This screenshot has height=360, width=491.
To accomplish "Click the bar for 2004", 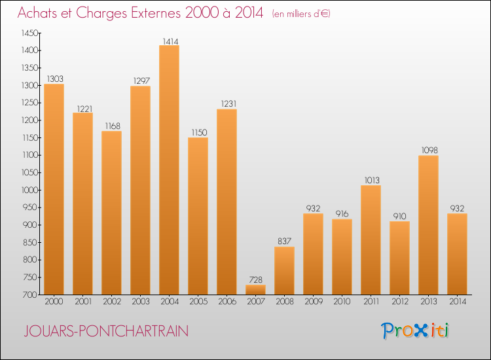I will (169, 170).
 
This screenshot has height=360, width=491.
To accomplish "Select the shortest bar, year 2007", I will (255, 289).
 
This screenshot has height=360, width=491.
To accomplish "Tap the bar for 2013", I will (428, 225).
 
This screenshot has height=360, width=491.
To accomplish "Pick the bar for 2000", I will (54, 189).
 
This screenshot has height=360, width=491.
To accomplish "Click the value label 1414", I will (169, 41).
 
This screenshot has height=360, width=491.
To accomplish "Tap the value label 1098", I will (428, 151).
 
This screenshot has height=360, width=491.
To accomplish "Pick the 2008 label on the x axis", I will (284, 302).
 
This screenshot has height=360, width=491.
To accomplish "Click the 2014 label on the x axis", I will (457, 302).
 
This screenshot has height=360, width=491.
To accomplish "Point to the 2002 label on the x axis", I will (111, 302).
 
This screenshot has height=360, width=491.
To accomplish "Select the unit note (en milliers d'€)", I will (300, 13).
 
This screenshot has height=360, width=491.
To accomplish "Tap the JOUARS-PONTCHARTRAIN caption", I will (105, 331).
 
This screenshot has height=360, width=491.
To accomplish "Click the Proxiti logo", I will (416, 331).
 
